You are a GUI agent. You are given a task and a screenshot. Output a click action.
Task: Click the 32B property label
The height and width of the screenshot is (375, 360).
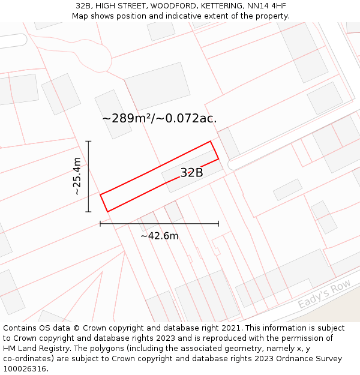click(x=191, y=173)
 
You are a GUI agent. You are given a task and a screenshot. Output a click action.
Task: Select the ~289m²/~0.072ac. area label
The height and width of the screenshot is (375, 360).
click(x=159, y=118)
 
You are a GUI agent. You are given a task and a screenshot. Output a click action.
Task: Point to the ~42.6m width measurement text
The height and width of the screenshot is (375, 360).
click(x=159, y=236)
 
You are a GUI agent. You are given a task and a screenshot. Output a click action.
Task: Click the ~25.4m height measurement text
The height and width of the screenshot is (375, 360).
click(x=77, y=176)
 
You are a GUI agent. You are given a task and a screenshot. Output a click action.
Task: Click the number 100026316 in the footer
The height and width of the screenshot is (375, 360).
click(x=25, y=369)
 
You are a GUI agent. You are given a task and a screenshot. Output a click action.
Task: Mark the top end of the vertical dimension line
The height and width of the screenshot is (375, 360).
click(x=88, y=141)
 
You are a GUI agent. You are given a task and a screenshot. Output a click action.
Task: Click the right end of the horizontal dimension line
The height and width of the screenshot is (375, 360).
click(x=218, y=224)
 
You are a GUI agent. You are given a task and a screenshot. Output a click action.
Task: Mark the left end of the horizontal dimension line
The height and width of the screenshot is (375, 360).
click(x=100, y=224)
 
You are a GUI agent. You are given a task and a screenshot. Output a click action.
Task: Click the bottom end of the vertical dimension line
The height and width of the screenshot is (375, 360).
click(x=88, y=212)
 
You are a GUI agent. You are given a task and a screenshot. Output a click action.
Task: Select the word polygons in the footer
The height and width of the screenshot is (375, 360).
click(x=96, y=349)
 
